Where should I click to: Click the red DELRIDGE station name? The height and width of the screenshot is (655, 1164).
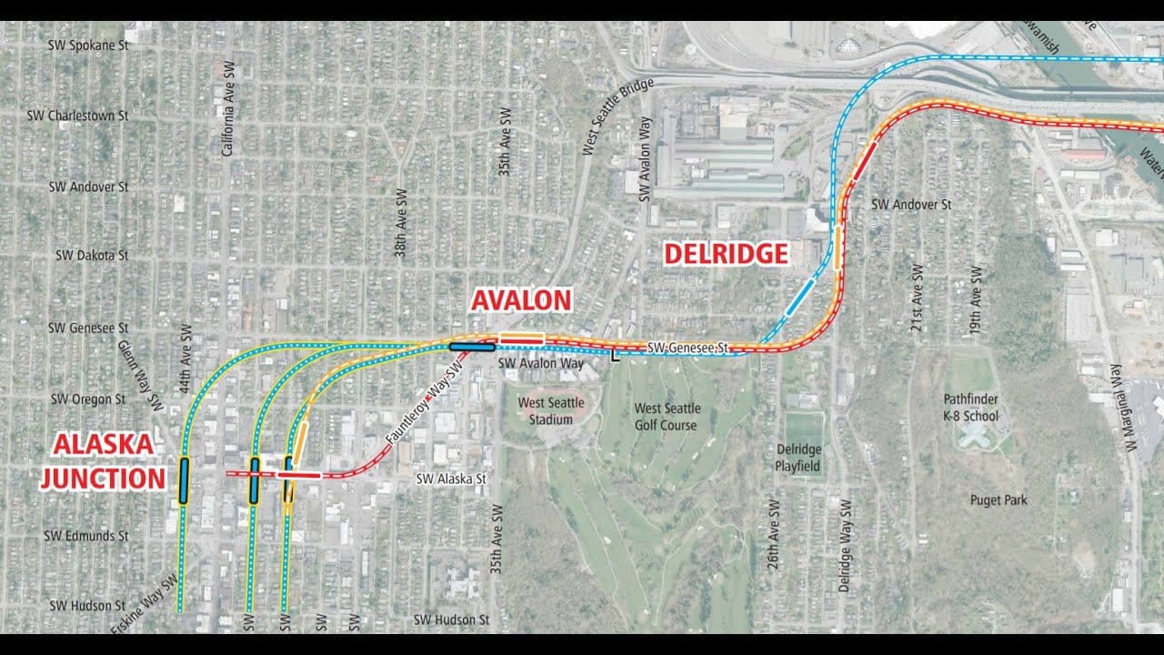click(x=726, y=254)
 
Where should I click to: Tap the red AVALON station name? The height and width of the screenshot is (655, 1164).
click(x=521, y=299)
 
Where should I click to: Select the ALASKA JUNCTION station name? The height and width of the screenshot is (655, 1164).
click(x=103, y=461)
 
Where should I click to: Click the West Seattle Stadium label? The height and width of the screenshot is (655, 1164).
click(x=551, y=410)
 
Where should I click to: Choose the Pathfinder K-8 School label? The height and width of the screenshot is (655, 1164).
click(x=970, y=408)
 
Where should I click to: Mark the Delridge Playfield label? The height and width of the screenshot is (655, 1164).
click(x=798, y=458)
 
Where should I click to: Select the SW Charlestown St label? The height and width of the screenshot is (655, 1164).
click(x=77, y=116)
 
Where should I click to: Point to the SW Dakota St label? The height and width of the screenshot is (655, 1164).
click(x=92, y=256)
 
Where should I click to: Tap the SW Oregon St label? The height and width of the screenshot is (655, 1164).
click(x=88, y=398)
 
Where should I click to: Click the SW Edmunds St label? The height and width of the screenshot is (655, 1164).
click(x=85, y=536)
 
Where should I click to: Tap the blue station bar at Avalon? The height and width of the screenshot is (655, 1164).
click(x=471, y=347)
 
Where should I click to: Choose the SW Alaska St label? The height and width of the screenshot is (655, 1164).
click(x=451, y=479)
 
